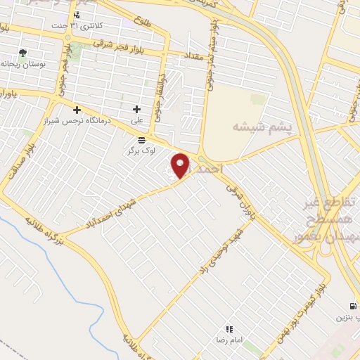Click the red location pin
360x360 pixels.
pyautogui.click(x=181, y=165)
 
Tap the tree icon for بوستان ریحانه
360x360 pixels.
pyautogui.click(x=23, y=53)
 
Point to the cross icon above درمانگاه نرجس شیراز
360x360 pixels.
pyautogui.click(x=77, y=109)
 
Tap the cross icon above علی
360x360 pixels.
pyautogui.click(x=136, y=109)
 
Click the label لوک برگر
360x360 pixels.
pyautogui.click(x=140, y=150)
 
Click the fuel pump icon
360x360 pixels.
pyautogui.click(x=352, y=306)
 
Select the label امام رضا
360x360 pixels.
pyautogui.click(x=229, y=339)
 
